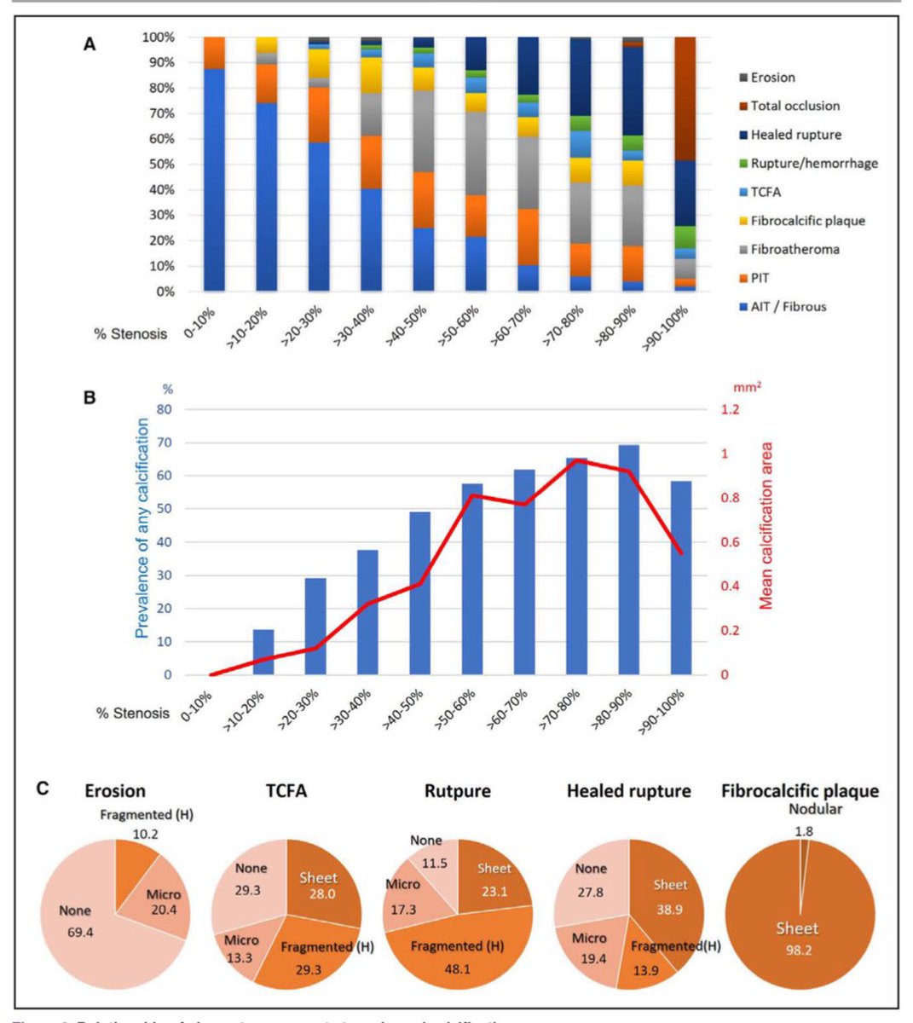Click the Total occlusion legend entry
pyautogui.click(x=795, y=106)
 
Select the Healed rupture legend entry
pyautogui.click(x=795, y=135)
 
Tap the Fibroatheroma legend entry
pyautogui.click(x=795, y=249)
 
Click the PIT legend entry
pyautogui.click(x=760, y=278)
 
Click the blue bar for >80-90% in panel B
pyautogui.click(x=629, y=559)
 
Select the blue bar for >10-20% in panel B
pyautogui.click(x=263, y=652)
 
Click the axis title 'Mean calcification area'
pyautogui.click(x=766, y=525)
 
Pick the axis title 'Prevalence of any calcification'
pyautogui.click(x=142, y=529)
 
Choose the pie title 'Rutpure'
pyautogui.click(x=457, y=791)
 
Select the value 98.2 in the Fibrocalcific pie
pyautogui.click(x=797, y=949)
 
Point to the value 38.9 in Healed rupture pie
pyautogui.click(x=670, y=910)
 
